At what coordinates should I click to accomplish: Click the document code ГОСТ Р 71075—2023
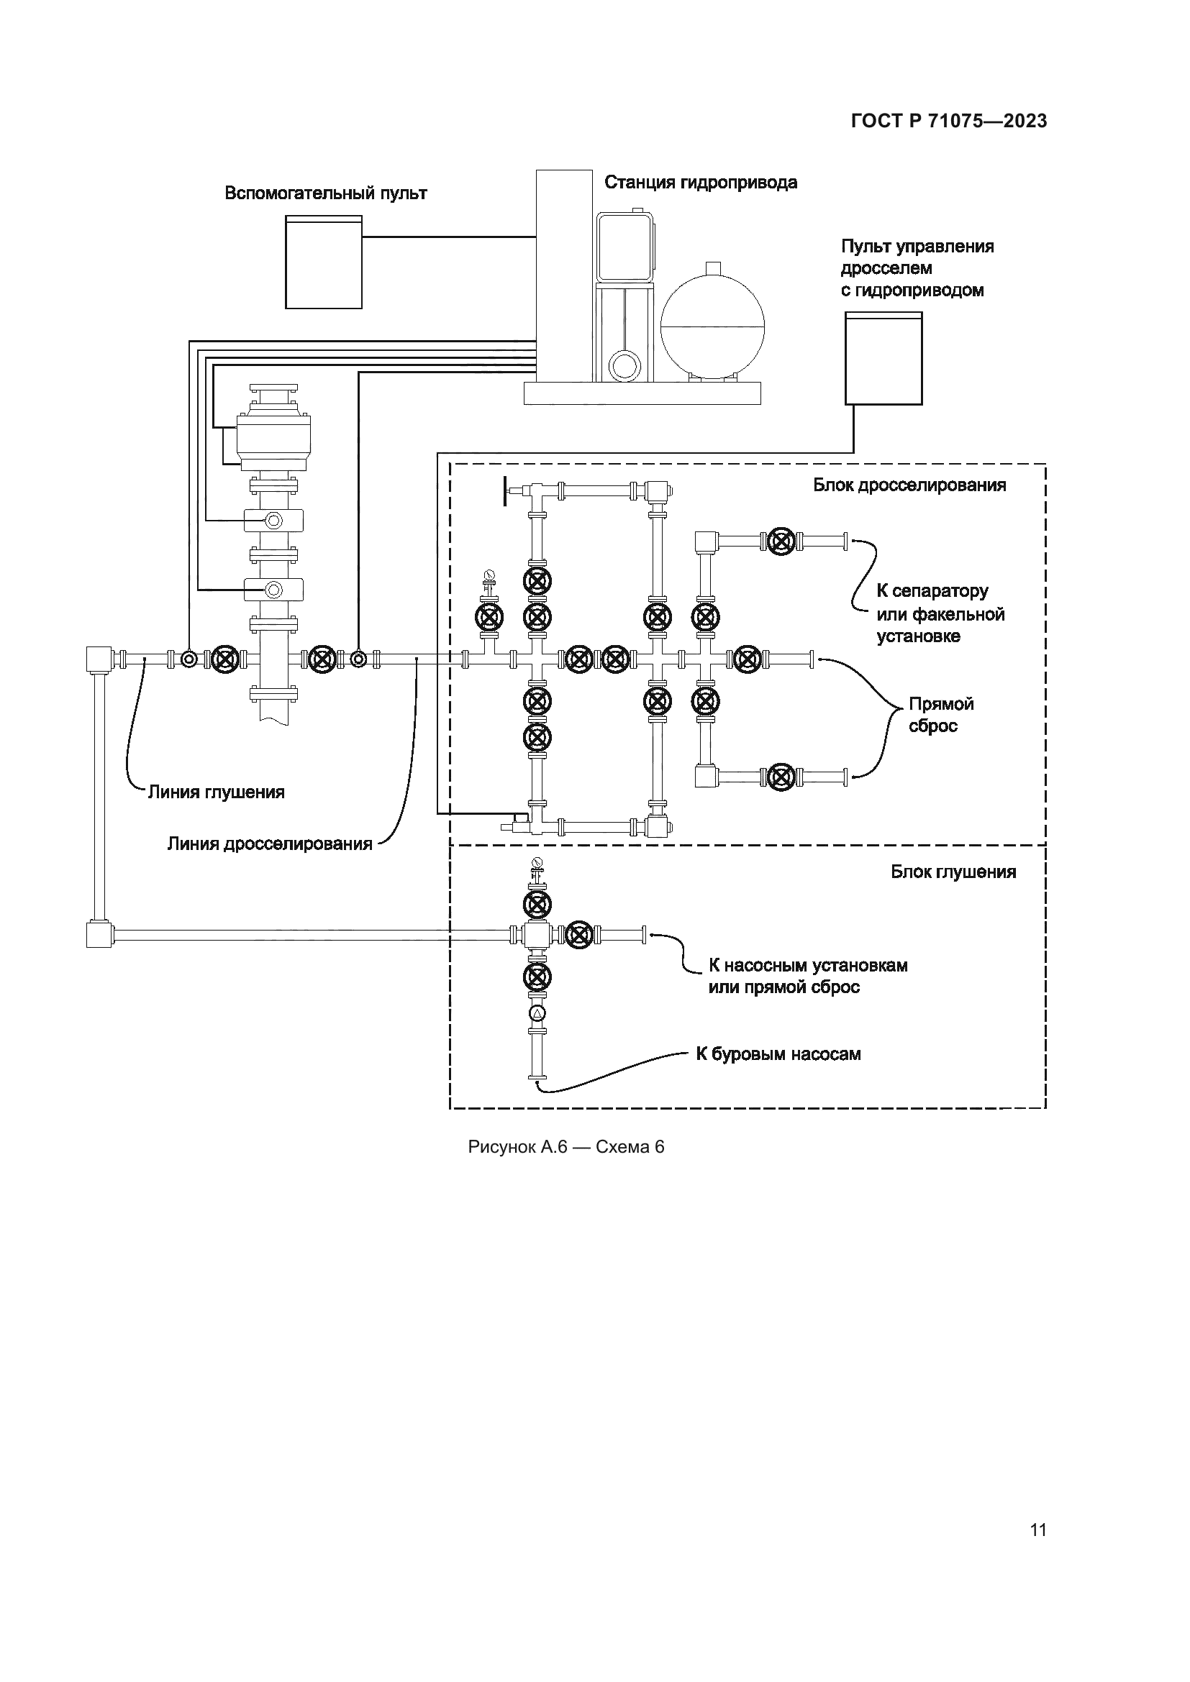(948, 121)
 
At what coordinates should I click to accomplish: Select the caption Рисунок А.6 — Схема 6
(566, 1146)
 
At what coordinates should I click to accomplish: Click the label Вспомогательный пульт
(325, 193)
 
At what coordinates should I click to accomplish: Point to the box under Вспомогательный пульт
(323, 262)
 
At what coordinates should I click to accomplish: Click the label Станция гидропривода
(700, 183)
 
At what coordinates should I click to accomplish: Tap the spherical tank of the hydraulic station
(712, 322)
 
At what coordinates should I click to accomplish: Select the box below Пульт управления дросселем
(883, 358)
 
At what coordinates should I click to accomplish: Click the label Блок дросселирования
(909, 485)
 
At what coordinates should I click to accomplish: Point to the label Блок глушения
(953, 872)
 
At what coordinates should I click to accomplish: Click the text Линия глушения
(216, 792)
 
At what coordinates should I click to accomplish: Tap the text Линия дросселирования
(270, 844)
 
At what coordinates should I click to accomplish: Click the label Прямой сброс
(941, 714)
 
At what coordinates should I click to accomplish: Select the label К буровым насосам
(778, 1054)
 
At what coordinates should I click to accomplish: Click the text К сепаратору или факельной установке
(940, 613)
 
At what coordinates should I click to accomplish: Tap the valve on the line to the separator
(782, 541)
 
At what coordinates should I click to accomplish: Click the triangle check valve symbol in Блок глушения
(537, 1014)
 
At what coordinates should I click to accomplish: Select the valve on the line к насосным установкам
(579, 934)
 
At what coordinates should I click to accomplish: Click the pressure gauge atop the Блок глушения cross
(537, 862)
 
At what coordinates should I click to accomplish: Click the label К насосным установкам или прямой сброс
(807, 976)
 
